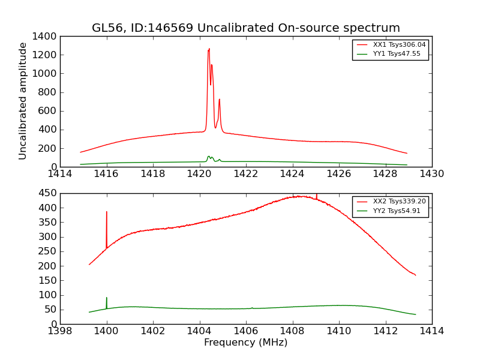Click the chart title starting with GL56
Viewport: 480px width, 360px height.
tap(245, 28)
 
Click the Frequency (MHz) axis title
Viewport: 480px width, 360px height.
tap(245, 343)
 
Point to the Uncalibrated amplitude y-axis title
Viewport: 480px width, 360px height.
tap(23, 101)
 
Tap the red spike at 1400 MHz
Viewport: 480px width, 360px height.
tap(107, 212)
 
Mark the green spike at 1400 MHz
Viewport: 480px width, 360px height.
tap(107, 298)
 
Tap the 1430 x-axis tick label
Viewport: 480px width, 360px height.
tap(431, 174)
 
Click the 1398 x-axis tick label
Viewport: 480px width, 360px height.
tap(60, 331)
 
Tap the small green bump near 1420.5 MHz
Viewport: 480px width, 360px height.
tap(209, 157)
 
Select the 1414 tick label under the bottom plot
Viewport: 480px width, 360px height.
tap(431, 331)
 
